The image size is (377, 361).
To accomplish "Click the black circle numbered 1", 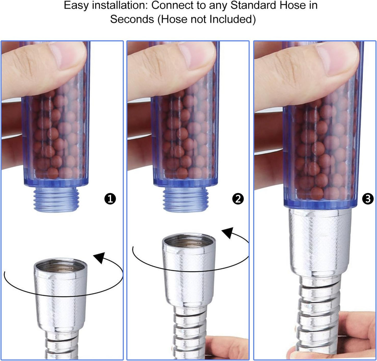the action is pos(110,199).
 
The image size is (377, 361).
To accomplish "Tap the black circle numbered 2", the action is pos(238,199).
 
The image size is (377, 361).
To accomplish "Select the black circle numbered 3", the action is pos(368,199).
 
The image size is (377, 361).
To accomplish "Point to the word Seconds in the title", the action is pos(132,19).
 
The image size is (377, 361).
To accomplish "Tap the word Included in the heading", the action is pos(223,19).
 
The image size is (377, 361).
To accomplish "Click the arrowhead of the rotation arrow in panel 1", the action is pos(99,257).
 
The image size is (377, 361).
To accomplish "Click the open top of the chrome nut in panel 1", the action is pos(61,266).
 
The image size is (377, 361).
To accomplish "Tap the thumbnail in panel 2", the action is pos(197,55).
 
